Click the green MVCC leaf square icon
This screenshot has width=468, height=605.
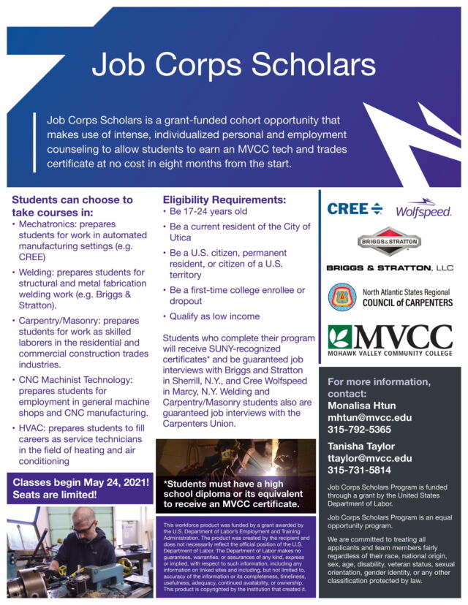tap(341, 336)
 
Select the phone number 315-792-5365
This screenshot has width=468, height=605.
tap(359, 430)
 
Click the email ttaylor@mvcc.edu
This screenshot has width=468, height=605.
tap(369, 458)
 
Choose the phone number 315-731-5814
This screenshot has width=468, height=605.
tap(359, 470)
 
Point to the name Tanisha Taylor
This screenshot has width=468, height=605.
tap(361, 446)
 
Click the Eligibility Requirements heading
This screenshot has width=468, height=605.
tap(224, 199)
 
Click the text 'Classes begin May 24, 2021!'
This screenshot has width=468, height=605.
tap(80, 482)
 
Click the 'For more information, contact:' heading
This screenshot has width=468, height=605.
tap(378, 388)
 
